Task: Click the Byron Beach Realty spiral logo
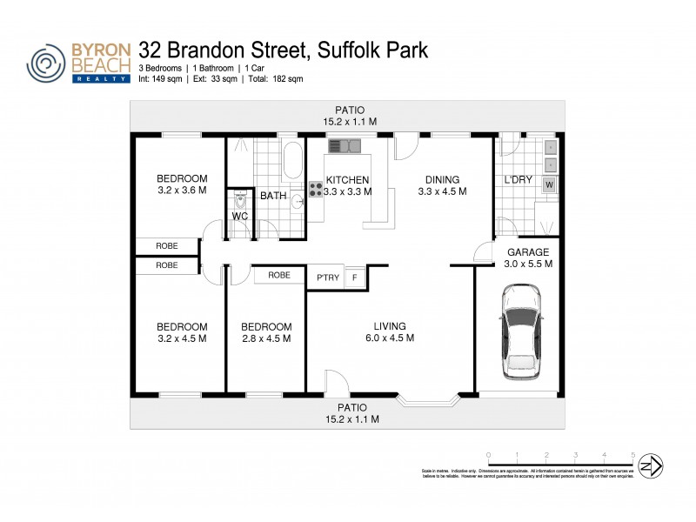point(47,62)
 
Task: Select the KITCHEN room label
point(348,180)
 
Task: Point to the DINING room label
point(443,180)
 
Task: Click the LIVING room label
point(390,326)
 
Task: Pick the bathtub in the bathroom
point(292,163)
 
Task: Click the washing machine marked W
point(549,184)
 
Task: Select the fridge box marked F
point(354,277)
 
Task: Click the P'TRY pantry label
point(327,277)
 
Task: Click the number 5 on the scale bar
point(632,455)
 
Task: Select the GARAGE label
point(528,251)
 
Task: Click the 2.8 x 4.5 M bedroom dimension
point(266,338)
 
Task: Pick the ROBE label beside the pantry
point(279,275)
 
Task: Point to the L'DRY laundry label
point(519,180)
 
